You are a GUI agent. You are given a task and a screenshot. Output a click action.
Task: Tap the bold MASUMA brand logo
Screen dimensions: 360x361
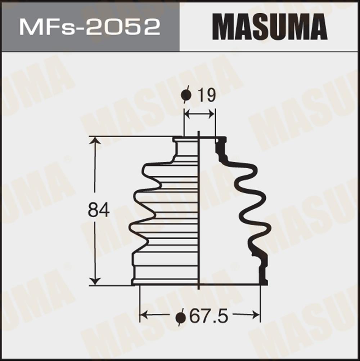pyautogui.click(x=270, y=27)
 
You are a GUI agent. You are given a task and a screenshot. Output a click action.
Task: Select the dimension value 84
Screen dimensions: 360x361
pyautogui.click(x=98, y=210)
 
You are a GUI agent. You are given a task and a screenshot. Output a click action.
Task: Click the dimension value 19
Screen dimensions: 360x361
pyautogui.click(x=207, y=95)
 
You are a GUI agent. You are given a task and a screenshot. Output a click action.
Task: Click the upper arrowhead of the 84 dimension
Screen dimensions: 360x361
pyautogui.click(x=95, y=141)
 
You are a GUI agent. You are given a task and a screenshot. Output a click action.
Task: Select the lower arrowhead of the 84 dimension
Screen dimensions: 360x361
pyautogui.click(x=95, y=281)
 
